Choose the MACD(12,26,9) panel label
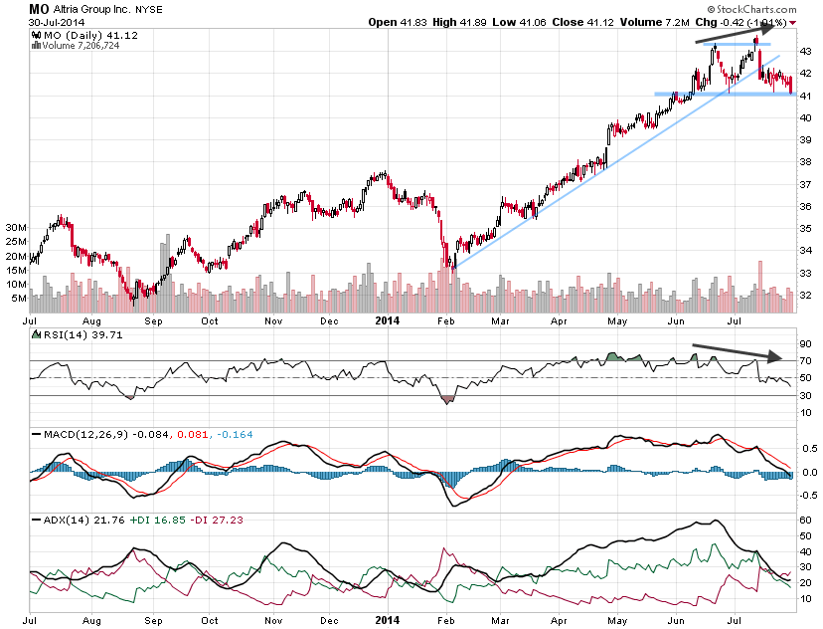[78, 435]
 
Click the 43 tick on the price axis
[806, 50]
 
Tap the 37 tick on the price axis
[806, 184]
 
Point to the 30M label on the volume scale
[14, 228]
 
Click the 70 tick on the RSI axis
[806, 359]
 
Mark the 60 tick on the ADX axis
[806, 521]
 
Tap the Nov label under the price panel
[274, 321]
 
